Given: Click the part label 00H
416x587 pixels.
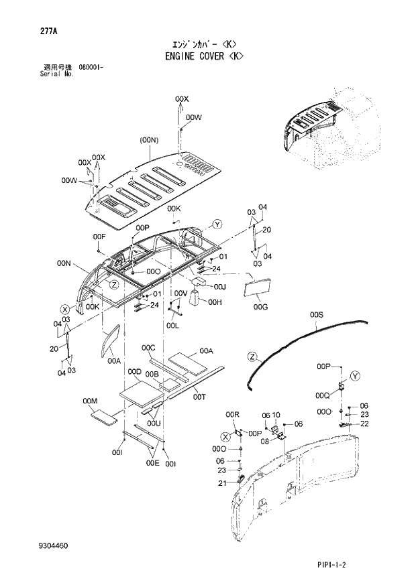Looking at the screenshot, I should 214,302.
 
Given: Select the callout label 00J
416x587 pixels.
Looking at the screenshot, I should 219,287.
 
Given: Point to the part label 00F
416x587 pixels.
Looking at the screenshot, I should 99,237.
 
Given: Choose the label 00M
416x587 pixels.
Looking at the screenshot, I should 91,401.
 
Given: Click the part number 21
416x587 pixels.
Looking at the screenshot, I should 221,484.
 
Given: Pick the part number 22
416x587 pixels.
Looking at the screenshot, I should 364,423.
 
